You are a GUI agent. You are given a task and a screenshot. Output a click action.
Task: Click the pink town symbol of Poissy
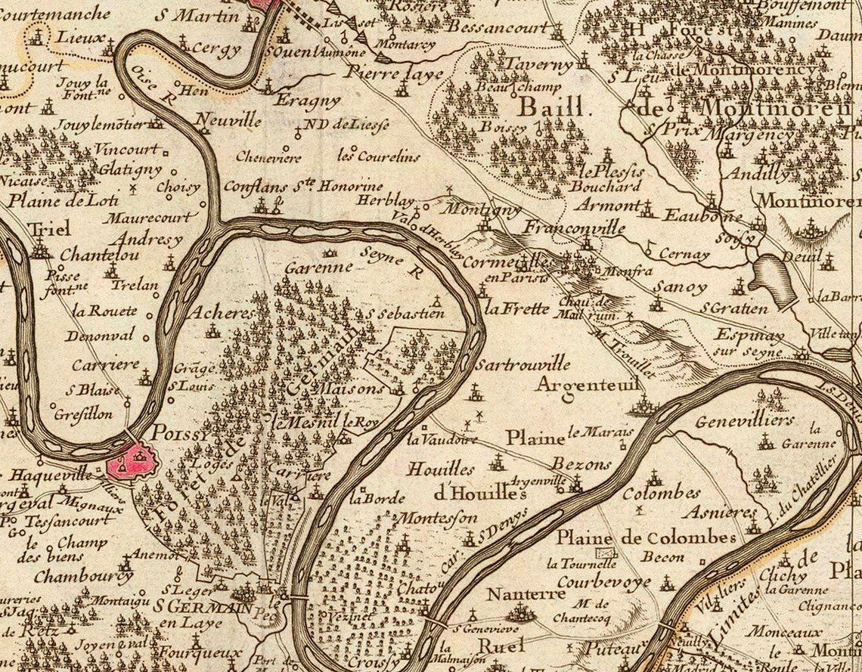[136, 462]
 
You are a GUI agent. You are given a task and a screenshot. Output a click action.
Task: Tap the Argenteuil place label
[588, 385]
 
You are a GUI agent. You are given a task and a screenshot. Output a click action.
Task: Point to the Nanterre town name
[526, 594]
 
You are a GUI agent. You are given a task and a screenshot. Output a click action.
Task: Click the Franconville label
[575, 228]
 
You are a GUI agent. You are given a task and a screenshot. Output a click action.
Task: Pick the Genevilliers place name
[745, 420]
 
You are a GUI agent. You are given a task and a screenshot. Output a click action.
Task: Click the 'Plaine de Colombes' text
[646, 537]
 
